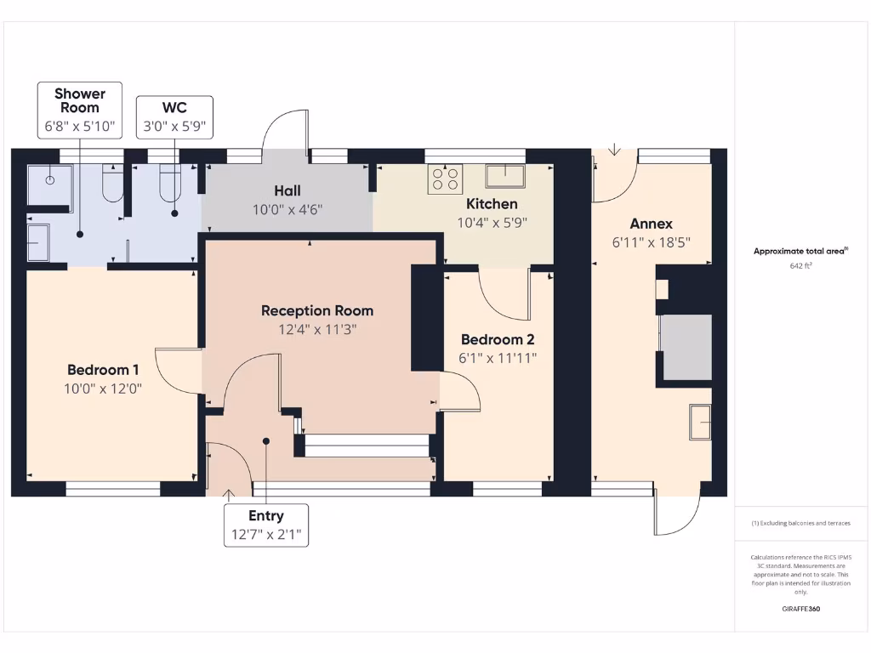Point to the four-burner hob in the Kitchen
pos(445,179)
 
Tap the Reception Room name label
pos(316,310)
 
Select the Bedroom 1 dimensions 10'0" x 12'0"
pos(104,389)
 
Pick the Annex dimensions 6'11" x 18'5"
pos(651,241)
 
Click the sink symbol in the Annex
pos(700,422)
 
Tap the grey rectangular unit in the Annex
pos(686,347)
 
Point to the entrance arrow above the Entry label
pos(228,493)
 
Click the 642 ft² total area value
pos(801,266)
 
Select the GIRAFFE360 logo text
pos(801,609)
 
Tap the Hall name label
pos(287,190)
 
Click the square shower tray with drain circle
pos(50,185)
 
